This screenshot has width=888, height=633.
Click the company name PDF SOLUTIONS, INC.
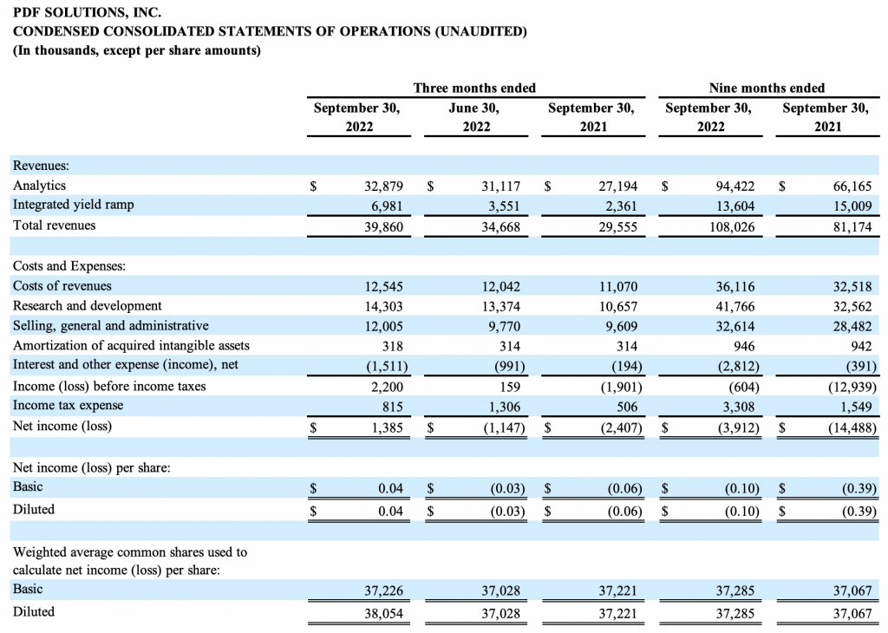88,12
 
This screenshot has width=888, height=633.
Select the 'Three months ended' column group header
474,88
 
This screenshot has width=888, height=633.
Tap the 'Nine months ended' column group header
767,88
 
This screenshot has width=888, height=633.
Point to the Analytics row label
39,186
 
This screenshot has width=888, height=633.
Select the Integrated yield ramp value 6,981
387,206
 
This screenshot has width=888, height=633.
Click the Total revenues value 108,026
732,227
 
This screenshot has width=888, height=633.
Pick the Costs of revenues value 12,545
383,286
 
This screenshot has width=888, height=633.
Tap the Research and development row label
88,306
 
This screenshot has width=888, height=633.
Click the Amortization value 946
743,346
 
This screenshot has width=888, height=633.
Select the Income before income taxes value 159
510,387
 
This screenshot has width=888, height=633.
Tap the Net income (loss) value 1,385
388,427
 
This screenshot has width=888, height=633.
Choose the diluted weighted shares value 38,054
383,613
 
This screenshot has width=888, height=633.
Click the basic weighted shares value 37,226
383,591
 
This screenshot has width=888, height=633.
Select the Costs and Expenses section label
69,266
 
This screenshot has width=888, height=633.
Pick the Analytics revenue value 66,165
852,186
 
